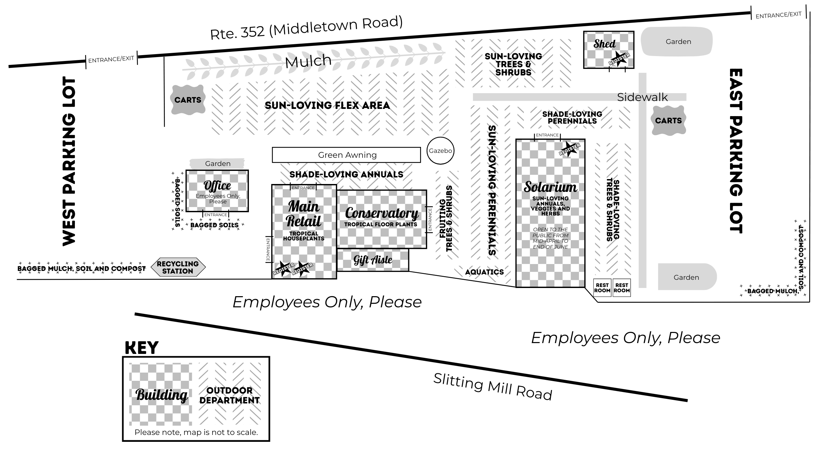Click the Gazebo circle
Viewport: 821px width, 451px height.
[x=440, y=151]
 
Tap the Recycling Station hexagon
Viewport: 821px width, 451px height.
[x=178, y=267]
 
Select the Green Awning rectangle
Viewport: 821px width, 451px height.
[x=346, y=155]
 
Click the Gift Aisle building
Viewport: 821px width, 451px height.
[x=373, y=260]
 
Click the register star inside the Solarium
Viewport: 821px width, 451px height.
[x=569, y=149]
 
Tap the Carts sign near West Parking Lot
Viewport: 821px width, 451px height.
[x=188, y=100]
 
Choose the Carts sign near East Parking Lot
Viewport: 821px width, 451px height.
[x=668, y=120]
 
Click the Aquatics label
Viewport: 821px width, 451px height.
[x=484, y=272]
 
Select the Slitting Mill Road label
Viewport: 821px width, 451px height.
[x=493, y=387]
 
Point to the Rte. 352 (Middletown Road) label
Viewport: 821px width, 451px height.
[x=306, y=28]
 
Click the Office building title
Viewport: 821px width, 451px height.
[x=217, y=186]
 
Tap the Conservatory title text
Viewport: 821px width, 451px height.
[x=382, y=213]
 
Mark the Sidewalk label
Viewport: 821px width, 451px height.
[x=642, y=97]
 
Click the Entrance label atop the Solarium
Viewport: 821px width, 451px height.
[x=547, y=135]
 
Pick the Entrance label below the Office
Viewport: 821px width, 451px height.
[x=215, y=215]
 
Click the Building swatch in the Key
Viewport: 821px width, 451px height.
[x=161, y=394]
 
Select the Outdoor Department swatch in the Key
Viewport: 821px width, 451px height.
[x=230, y=394]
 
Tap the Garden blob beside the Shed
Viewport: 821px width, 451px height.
[x=678, y=42]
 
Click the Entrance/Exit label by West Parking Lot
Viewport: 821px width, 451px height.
[x=111, y=59]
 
